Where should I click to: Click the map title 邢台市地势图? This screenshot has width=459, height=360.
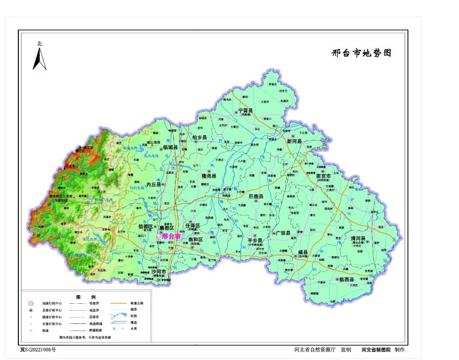coord(361,53)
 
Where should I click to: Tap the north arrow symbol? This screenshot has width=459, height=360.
coord(40,58)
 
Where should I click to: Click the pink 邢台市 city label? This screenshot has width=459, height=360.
coord(171,236)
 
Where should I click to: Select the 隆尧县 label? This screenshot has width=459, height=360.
coord(209,176)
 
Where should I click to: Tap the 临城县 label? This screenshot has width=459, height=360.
coord(171,147)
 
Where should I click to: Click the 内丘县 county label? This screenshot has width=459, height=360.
coord(155,185)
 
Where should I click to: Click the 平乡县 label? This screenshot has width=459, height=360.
coord(255,240)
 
